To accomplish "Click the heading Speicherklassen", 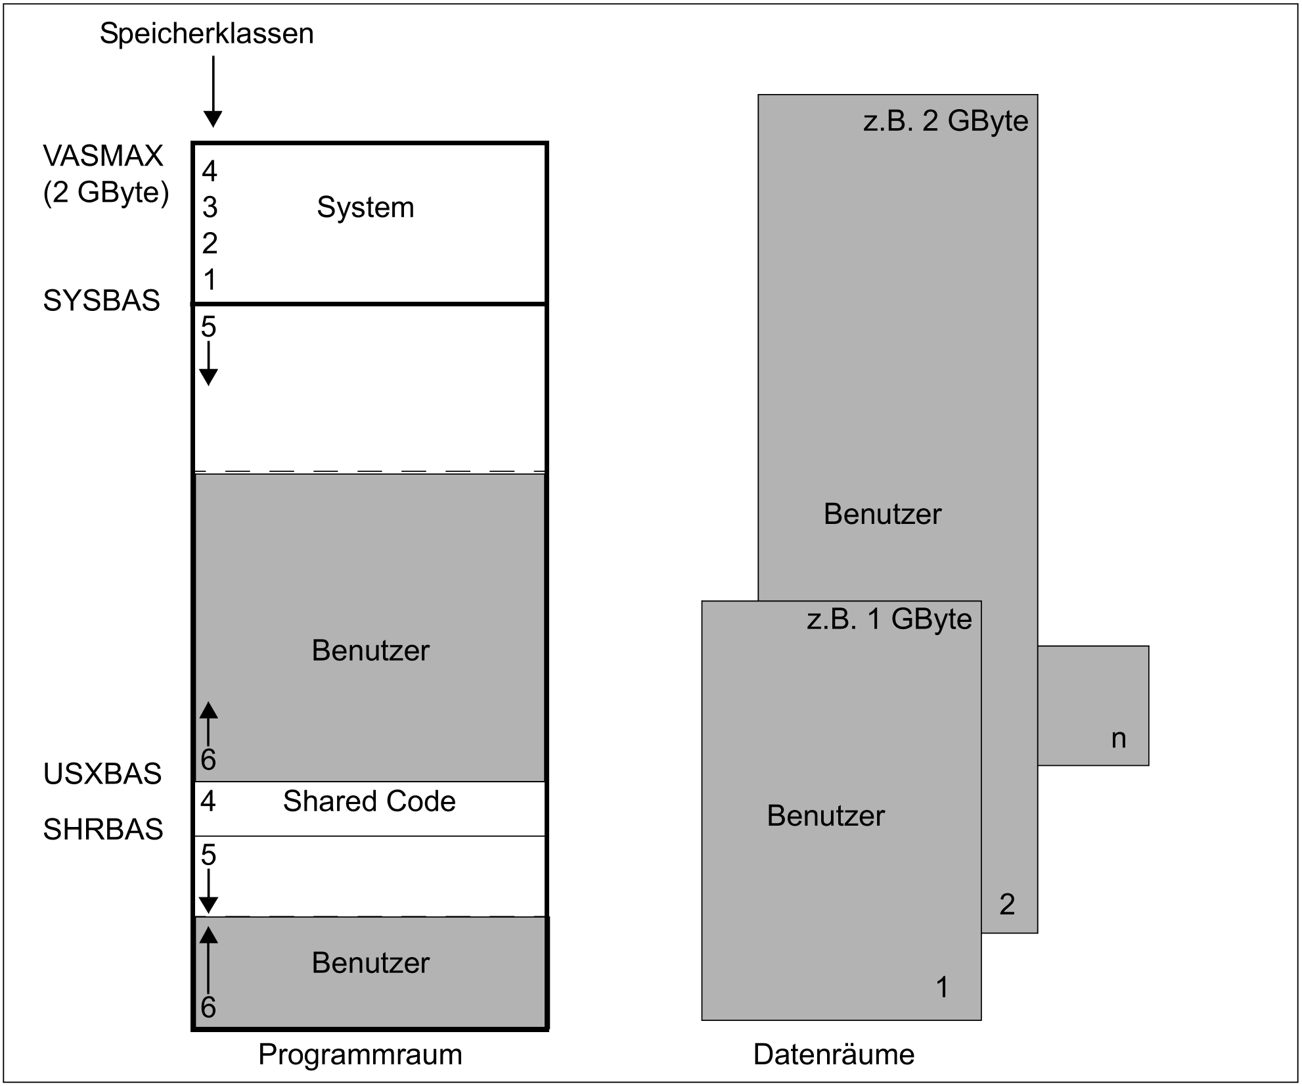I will (206, 34).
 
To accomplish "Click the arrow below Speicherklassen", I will (213, 91).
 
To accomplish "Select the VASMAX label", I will (103, 156).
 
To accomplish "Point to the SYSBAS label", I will (101, 300).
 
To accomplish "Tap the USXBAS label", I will (102, 774).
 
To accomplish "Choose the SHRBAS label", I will (102, 830).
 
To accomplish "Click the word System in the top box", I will (365, 208).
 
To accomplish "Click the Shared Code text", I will (369, 801).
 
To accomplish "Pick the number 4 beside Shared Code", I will (208, 801).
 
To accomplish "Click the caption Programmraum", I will (360, 1054).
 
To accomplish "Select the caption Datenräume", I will (834, 1054).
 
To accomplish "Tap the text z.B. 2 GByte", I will (945, 121).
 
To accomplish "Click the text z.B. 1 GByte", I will (889, 619).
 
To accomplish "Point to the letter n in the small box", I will (1119, 739).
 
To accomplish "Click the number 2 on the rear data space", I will (1007, 905).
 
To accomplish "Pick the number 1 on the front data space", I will (942, 987).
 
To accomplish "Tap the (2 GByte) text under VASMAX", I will (106, 193).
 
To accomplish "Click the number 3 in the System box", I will (210, 208).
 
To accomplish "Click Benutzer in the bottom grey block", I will (370, 963).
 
